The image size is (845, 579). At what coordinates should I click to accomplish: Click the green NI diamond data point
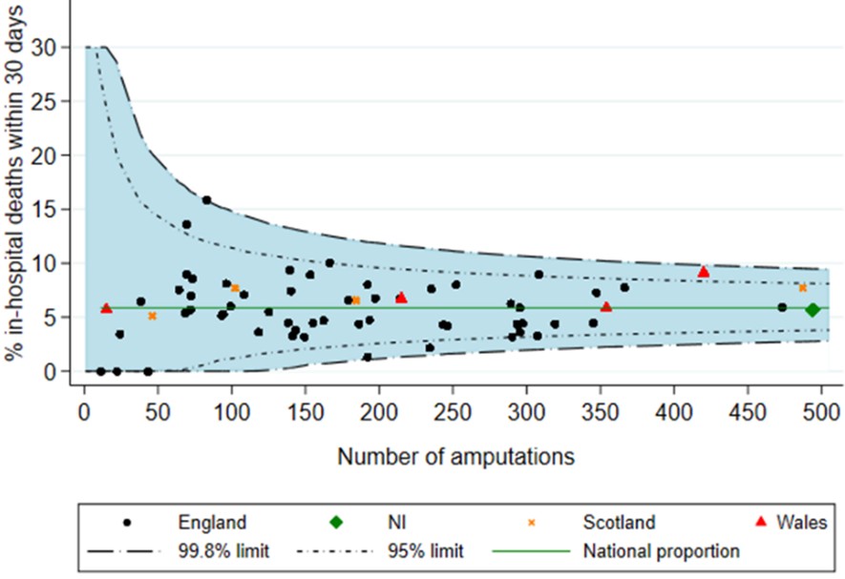point(813,310)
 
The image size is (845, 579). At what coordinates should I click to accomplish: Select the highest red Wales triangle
point(704,272)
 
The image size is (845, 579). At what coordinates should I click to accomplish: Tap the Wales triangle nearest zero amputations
point(106,308)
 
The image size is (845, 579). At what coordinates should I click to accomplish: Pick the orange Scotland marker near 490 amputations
point(803,288)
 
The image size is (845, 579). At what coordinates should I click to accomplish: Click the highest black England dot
point(206,200)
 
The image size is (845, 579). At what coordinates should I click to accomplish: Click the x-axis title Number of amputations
point(455,457)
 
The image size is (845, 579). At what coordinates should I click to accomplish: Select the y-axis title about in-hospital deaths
point(13,181)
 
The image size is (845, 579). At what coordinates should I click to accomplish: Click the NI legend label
point(394,522)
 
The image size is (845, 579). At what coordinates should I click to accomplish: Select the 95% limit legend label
point(426,550)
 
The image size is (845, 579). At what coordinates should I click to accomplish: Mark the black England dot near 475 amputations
point(782,307)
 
